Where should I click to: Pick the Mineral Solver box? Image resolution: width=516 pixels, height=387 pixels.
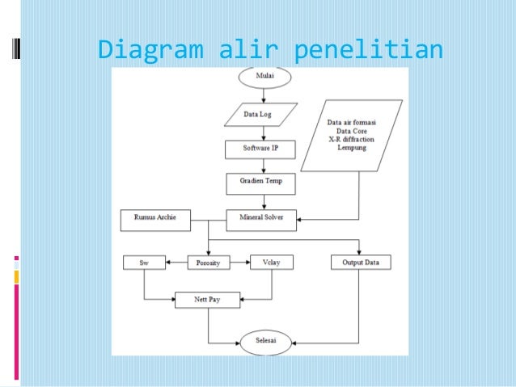click(260, 217)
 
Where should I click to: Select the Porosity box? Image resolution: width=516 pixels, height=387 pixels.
click(209, 263)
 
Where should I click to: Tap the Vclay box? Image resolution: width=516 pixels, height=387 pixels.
click(271, 263)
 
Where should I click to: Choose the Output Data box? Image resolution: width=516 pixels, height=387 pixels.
click(361, 263)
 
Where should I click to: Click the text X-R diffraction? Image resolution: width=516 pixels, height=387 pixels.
click(352, 139)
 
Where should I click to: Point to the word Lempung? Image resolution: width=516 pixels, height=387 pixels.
click(352, 148)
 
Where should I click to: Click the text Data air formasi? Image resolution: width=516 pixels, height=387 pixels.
click(352, 122)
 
